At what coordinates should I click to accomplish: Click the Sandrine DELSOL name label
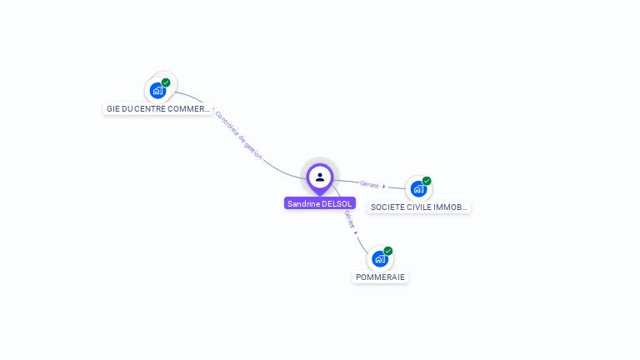(x=320, y=203)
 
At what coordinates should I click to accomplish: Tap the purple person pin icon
(x=320, y=177)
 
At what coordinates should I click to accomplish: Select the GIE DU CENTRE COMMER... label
(x=157, y=109)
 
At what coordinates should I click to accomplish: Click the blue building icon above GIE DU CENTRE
(x=157, y=91)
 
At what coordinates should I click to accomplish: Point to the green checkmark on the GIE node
(x=166, y=82)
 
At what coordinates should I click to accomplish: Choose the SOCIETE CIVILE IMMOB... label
(x=419, y=207)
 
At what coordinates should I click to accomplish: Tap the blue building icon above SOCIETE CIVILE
(x=417, y=189)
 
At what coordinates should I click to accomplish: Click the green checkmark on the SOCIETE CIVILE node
(x=427, y=181)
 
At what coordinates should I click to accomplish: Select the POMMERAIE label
(x=380, y=277)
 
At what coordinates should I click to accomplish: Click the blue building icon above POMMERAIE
(x=380, y=259)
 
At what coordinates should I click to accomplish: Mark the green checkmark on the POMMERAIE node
(x=388, y=251)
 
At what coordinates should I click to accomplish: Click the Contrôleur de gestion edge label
(x=238, y=134)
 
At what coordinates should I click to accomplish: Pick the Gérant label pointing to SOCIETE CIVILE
(x=368, y=184)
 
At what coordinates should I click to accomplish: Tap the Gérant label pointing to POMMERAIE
(x=350, y=218)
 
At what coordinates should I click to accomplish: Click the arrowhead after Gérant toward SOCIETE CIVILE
(x=383, y=187)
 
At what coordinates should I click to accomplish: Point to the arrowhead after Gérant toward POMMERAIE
(x=356, y=232)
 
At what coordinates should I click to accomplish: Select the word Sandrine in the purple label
(x=303, y=203)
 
